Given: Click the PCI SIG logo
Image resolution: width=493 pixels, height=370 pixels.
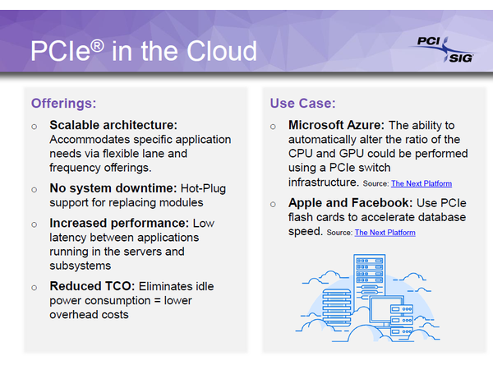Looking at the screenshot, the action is [445, 49].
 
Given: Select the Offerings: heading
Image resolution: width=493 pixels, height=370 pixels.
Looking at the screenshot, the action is [63, 104].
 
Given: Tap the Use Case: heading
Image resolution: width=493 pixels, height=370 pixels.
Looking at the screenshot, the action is [302, 104].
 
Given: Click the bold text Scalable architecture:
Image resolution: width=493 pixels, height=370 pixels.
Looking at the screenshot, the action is [113, 125].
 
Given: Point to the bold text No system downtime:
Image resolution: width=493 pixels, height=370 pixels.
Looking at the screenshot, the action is [113, 188].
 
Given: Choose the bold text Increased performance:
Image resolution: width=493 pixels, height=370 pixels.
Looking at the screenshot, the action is [119, 223].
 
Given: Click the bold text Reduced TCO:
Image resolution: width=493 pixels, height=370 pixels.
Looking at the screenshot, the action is [92, 286].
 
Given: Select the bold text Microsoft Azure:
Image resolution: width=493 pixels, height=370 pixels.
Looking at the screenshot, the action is [336, 125].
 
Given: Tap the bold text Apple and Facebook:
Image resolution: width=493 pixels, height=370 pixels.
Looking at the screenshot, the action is [351, 203].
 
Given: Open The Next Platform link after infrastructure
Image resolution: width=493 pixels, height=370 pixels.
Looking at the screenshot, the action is [422, 183].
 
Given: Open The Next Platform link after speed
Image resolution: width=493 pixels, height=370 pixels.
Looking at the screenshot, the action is [385, 233].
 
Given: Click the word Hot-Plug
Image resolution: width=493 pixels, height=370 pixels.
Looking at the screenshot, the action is [203, 188].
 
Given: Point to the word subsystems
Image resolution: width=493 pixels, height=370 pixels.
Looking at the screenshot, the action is [81, 266].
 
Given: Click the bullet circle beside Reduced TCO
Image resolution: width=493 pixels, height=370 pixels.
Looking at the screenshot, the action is [35, 288].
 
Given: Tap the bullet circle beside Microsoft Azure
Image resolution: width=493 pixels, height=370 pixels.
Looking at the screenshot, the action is [273, 127].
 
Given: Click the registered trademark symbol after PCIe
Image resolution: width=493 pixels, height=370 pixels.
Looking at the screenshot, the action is [98, 46].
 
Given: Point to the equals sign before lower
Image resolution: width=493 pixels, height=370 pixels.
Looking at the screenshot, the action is [157, 301].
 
